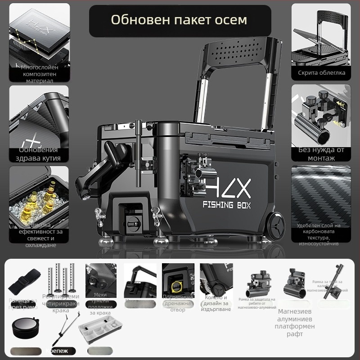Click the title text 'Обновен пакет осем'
pyautogui.click(x=179, y=20)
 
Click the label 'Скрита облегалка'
pyautogui.click(x=321, y=72)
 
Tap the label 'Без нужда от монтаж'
pyautogui.click(x=321, y=154)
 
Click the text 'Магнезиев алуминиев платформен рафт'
pyautogui.click(x=296, y=323)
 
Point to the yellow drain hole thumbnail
pyautogui.click(x=178, y=279)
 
